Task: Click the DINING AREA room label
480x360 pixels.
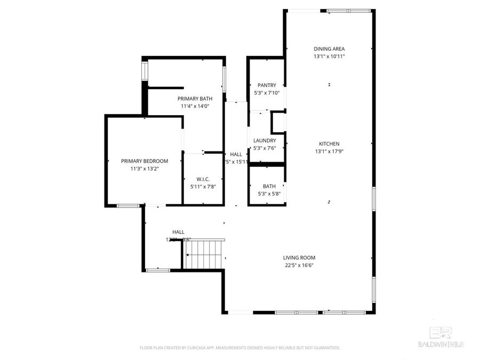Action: (x=329, y=49)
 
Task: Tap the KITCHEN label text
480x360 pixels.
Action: (x=329, y=143)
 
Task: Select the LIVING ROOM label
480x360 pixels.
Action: (x=299, y=258)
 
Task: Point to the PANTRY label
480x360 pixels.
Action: (x=267, y=85)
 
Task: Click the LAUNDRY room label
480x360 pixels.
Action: (x=265, y=141)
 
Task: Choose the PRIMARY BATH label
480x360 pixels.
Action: (x=195, y=99)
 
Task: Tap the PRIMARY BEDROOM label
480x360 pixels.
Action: (x=145, y=161)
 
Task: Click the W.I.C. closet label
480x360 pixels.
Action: (x=203, y=179)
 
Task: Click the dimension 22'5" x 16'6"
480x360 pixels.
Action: (x=299, y=265)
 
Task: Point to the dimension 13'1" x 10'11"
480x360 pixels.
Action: (x=329, y=56)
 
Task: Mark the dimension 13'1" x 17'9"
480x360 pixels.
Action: (x=329, y=151)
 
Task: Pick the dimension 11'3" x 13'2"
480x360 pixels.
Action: (x=145, y=169)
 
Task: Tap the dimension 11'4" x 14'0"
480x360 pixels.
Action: (x=195, y=106)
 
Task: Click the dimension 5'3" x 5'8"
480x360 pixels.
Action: (x=269, y=194)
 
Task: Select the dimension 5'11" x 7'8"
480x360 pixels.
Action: (x=203, y=187)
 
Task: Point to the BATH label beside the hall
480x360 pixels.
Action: (x=269, y=186)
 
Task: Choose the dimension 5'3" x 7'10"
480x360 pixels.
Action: (x=267, y=93)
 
